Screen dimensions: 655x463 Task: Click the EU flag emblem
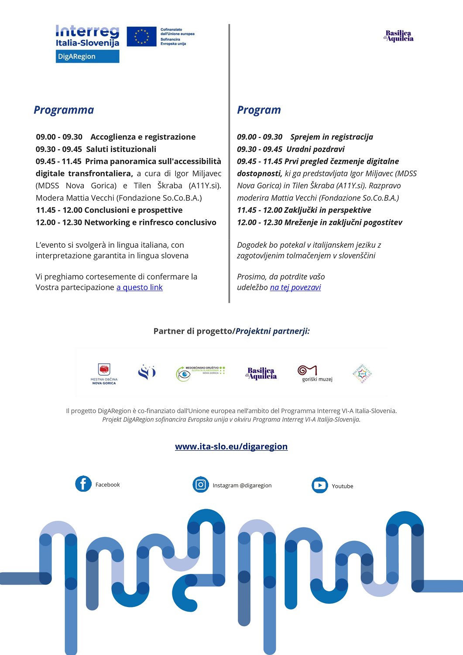pos(141,37)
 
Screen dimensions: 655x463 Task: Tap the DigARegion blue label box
pos(87,56)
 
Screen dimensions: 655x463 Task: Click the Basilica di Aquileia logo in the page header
pos(398,36)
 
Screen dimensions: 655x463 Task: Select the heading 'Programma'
pos(64,110)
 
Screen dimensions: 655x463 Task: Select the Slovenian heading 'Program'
pos(259,110)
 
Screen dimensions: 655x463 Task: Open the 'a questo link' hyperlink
pos(139,287)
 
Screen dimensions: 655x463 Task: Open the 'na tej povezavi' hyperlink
pos(295,287)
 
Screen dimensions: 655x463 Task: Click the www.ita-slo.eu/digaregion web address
pos(231,446)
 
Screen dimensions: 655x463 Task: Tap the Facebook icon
pos(83,484)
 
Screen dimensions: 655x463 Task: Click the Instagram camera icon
pos(201,484)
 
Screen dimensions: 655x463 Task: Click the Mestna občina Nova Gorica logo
pos(104,374)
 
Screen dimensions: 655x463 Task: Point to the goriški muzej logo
pos(315,373)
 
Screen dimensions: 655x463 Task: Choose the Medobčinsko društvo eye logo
pos(200,373)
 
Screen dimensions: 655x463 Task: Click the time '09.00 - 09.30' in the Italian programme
pos(59,137)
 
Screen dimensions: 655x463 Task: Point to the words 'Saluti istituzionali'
pos(121,149)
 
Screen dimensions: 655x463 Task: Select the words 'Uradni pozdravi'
pos(315,149)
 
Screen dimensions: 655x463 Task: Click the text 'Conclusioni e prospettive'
pos(133,210)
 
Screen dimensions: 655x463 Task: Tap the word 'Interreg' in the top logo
pos(87,31)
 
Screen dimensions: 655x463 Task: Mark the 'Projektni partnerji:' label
pos(273,331)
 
